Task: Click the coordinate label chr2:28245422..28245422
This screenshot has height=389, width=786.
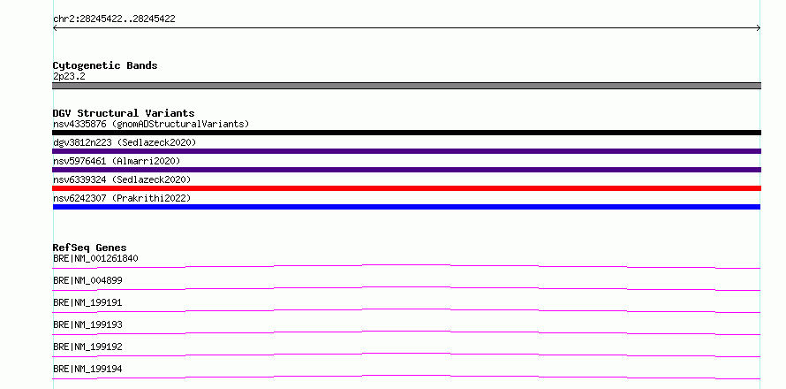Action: pos(114,19)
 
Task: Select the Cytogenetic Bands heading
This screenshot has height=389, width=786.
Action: pos(105,65)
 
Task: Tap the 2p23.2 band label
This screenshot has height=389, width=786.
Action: pos(69,76)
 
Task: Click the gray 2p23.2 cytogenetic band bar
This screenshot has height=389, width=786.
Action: pos(406,86)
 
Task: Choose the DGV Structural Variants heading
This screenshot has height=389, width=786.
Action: pos(124,113)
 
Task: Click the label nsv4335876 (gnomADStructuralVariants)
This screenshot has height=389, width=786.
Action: pos(151,124)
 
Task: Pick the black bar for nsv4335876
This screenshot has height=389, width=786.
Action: pos(406,133)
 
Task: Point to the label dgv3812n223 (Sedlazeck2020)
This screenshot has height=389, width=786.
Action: pos(125,142)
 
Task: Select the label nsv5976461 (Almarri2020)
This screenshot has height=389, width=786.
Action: pos(117,161)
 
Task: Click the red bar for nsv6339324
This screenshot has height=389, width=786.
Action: pos(406,188)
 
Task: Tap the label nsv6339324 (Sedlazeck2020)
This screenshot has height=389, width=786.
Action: pos(122,179)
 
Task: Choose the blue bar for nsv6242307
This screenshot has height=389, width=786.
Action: pos(406,207)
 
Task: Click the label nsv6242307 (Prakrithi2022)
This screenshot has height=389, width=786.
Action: pos(122,198)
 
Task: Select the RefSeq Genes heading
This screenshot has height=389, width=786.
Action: pos(90,248)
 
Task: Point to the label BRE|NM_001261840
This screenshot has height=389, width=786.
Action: pos(95,258)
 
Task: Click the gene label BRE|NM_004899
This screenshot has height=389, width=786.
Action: pos(87,280)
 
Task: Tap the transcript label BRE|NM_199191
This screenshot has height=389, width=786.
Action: pos(87,302)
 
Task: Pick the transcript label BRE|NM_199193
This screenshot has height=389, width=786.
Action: pos(87,324)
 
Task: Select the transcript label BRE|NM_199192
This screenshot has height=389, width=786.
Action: pos(87,347)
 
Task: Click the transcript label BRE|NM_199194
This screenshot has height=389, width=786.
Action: pos(87,369)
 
